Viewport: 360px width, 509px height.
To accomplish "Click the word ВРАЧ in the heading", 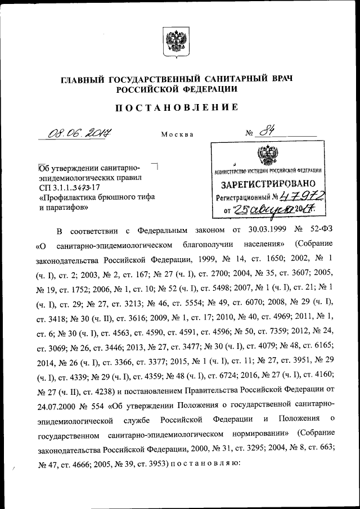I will coord(280,78).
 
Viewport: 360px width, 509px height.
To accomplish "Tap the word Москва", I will coord(177,135).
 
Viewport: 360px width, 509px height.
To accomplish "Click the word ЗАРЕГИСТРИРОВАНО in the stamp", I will coord(264,183).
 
